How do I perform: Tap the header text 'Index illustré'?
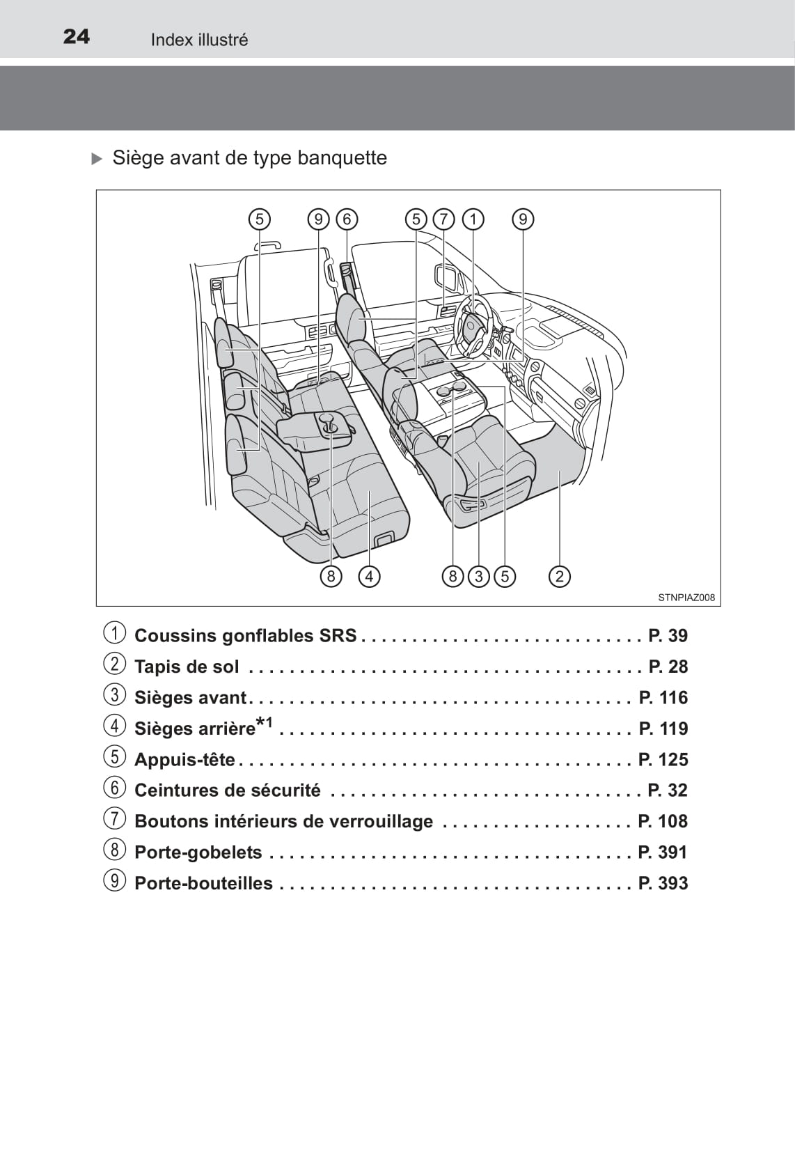point(199,40)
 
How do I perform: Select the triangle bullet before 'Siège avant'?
point(97,159)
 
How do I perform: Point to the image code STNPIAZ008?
point(686,597)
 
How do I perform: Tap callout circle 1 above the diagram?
point(473,219)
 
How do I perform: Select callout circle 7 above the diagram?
point(443,219)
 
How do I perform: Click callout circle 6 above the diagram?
point(347,219)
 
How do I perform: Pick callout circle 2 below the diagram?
point(559,576)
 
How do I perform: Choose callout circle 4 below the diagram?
point(369,576)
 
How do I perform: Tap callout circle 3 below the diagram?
point(479,576)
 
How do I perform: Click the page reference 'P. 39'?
point(668,635)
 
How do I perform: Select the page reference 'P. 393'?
point(663,882)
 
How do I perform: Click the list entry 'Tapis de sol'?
point(187,667)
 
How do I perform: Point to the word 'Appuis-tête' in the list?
point(184,759)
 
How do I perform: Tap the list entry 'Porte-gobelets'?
point(198,852)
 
